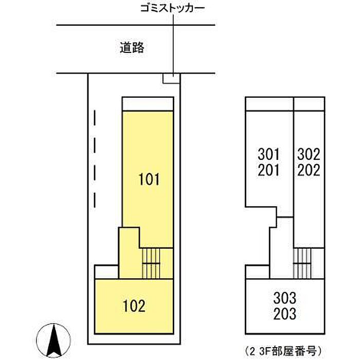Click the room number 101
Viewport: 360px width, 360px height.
149,179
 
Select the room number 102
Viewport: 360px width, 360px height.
134,306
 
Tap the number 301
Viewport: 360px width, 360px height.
268,154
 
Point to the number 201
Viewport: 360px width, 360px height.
268,170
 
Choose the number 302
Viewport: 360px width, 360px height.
309,154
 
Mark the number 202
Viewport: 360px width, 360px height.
309,170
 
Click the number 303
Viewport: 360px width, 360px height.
285,298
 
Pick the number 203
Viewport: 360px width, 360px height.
285,314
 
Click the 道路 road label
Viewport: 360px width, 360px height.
132,48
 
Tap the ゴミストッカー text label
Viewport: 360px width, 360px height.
172,9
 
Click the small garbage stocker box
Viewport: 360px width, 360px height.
171,78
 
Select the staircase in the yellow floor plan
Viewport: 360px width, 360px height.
151,263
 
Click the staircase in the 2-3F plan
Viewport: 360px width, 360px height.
302,263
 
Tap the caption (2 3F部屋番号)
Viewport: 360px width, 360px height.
283,351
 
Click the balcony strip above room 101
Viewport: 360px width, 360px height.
148,104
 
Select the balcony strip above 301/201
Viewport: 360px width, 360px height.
269,104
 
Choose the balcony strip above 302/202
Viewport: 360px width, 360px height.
309,104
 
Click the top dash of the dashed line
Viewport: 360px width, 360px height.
95,118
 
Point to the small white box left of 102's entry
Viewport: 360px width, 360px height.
106,272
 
